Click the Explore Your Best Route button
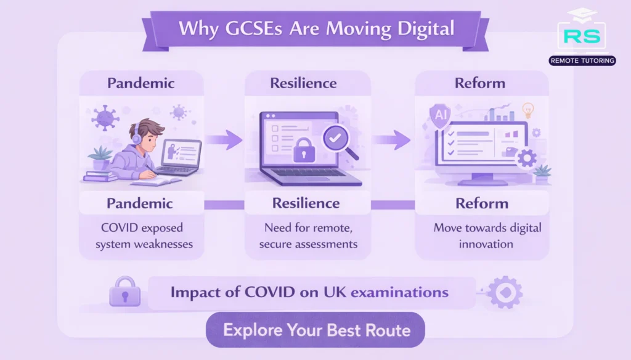(x=315, y=330)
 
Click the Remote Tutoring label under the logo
(x=581, y=61)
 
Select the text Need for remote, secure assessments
(x=308, y=235)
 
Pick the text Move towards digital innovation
(x=479, y=235)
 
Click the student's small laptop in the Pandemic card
(x=179, y=157)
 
